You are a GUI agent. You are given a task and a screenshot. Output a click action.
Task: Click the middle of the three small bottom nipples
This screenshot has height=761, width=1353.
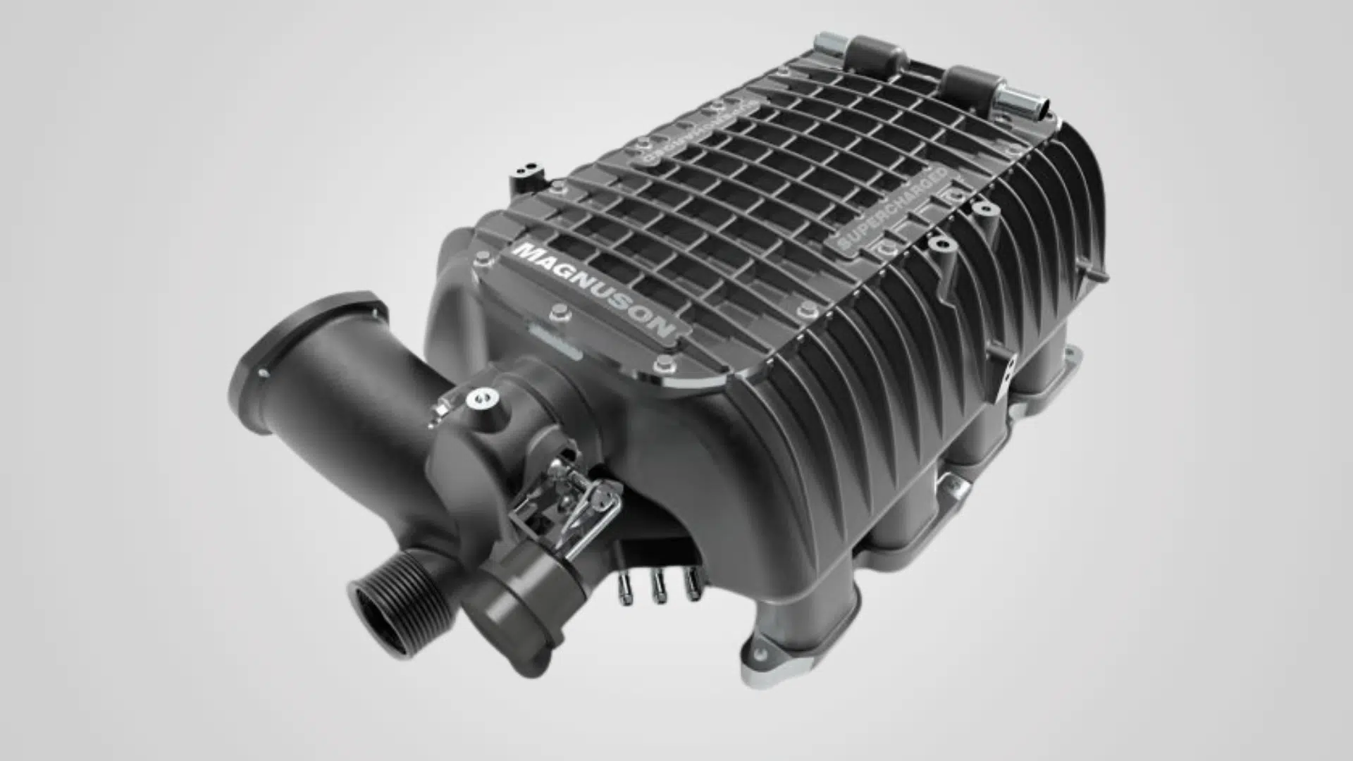pos(658,588)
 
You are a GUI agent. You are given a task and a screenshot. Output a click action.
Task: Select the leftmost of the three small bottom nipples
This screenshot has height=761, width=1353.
pos(624,589)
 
